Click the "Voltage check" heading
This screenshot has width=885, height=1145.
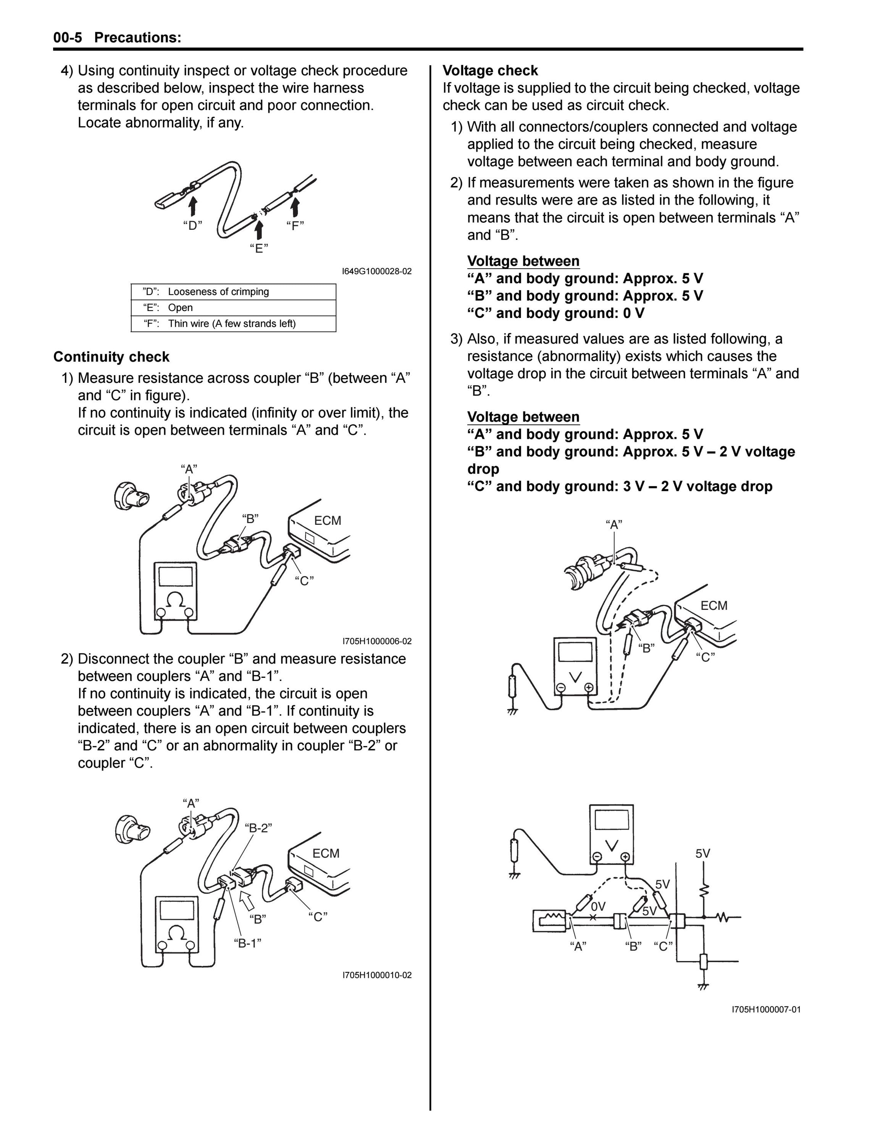[490, 71]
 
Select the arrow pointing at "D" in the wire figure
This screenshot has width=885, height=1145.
[193, 206]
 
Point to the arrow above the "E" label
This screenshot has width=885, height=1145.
[258, 230]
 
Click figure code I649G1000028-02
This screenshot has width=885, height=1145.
[376, 272]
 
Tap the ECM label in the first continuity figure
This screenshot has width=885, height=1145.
[328, 521]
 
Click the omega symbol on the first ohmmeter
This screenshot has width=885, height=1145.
[176, 599]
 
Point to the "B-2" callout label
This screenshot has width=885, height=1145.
[258, 828]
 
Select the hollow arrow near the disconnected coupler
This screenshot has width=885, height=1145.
[246, 900]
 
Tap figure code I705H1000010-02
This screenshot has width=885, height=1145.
[377, 975]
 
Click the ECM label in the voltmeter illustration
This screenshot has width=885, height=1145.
[714, 606]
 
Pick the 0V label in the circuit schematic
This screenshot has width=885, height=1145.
[598, 906]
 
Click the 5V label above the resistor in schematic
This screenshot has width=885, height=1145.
[703, 853]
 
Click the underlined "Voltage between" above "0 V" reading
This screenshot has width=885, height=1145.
[523, 261]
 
